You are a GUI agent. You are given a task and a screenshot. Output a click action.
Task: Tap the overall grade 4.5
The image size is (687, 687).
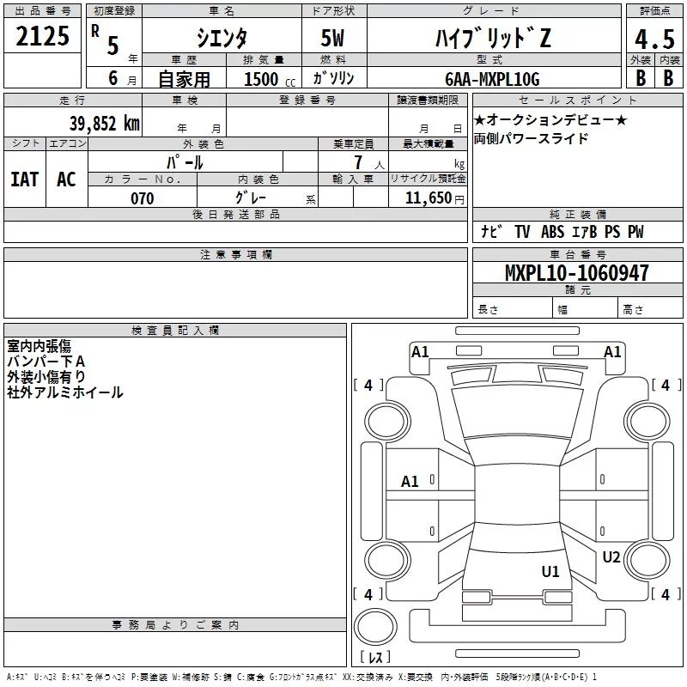[x=654, y=40]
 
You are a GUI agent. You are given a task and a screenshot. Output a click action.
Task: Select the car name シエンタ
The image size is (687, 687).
[x=220, y=39]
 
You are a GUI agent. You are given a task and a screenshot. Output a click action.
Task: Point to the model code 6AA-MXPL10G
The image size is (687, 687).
[x=492, y=79]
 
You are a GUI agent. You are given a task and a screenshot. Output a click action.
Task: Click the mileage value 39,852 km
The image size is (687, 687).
[x=104, y=123]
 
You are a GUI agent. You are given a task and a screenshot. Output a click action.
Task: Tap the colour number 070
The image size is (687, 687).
[x=142, y=198]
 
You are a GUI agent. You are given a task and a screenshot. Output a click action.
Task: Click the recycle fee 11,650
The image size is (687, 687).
[x=427, y=198]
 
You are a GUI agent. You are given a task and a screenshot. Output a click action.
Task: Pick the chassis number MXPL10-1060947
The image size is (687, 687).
[x=576, y=274]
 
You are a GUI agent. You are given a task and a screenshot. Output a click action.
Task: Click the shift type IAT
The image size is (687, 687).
[x=24, y=179]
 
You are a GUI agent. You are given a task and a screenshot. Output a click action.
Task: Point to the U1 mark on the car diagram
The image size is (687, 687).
[x=550, y=571]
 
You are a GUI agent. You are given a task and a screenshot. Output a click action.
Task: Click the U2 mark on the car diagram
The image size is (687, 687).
[x=611, y=557]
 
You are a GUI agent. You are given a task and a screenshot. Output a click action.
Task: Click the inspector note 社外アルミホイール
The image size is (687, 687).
[x=65, y=392]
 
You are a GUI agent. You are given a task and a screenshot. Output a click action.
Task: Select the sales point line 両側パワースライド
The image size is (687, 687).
[x=532, y=138]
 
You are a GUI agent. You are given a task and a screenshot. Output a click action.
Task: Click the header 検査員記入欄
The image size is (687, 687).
[x=175, y=331]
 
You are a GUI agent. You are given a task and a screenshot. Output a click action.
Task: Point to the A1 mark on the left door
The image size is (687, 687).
[x=410, y=482]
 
